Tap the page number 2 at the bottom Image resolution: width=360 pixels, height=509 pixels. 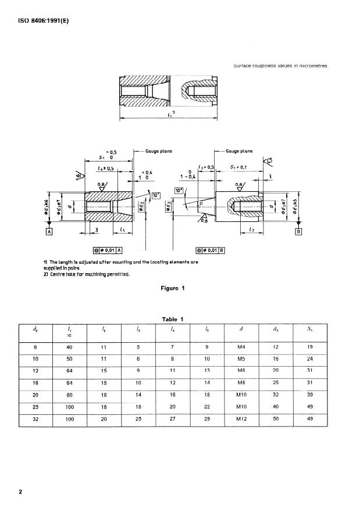(x=20, y=492)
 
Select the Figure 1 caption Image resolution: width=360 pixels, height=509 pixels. (x=173, y=288)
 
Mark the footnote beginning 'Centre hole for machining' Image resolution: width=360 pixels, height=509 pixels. (x=87, y=274)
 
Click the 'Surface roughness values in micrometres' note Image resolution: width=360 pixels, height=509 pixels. (x=280, y=66)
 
